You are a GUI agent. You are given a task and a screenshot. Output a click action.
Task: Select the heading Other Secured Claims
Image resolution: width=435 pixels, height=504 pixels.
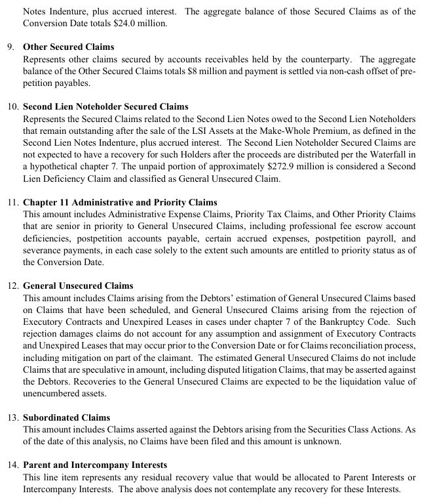coord(68,47)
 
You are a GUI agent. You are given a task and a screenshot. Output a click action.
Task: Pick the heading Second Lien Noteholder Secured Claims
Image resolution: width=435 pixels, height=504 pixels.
coord(105,106)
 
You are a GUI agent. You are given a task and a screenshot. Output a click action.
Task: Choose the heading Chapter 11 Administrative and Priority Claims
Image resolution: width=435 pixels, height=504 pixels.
coord(120,202)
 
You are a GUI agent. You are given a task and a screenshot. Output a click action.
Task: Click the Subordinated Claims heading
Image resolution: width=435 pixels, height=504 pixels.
coord(66,417)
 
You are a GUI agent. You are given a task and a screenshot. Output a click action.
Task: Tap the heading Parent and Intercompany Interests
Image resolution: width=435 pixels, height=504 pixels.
coord(95,465)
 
